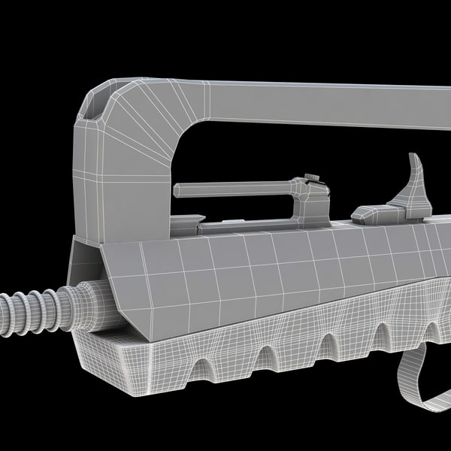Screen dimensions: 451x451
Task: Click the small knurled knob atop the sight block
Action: click(x=312, y=178)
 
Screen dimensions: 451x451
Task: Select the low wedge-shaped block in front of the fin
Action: click(x=372, y=214)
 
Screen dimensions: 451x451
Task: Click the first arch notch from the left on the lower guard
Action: click(x=201, y=367)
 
